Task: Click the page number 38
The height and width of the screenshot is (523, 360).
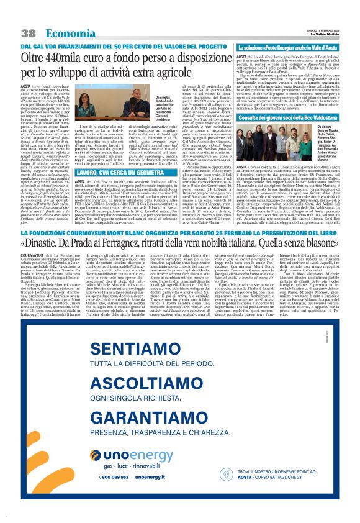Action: pyautogui.click(x=28, y=32)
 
